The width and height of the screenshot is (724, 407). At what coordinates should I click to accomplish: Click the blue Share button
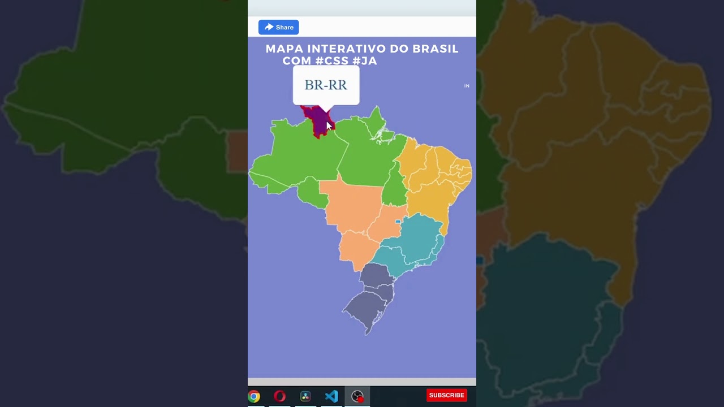click(x=278, y=27)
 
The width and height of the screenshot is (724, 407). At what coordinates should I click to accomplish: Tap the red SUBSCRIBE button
click(x=446, y=395)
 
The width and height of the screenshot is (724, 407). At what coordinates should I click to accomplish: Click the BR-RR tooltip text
click(x=326, y=85)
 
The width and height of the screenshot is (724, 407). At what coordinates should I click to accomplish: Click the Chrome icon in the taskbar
click(x=254, y=396)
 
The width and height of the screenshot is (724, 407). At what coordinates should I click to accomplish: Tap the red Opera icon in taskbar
click(x=279, y=396)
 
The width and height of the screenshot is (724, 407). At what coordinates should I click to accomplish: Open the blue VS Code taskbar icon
click(x=331, y=396)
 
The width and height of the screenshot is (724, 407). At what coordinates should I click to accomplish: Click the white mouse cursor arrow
click(x=329, y=125)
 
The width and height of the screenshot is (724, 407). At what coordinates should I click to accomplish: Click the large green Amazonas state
click(x=300, y=155)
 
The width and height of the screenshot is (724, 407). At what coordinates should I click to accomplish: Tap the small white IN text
click(x=467, y=86)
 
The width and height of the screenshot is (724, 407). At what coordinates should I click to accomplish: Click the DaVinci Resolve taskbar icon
click(x=305, y=396)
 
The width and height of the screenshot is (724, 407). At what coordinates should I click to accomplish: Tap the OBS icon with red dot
click(x=357, y=396)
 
